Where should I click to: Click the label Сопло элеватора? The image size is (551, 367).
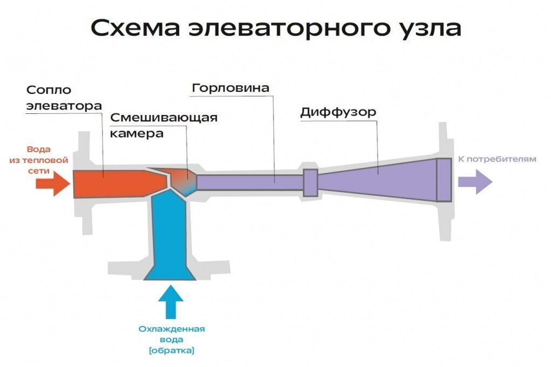pos(63,98)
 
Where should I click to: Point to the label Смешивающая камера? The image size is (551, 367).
pos(164,125)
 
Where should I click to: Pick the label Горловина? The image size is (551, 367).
pos(231,87)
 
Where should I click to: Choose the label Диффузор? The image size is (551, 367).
pos(338,113)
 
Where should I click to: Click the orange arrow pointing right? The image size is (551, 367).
pos(52,183)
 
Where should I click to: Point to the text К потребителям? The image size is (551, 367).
pos(497,159)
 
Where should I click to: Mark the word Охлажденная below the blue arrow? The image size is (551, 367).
pos(171,329)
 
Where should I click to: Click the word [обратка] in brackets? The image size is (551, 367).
pos(171,351)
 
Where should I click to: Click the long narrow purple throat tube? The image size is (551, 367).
pos(248,182)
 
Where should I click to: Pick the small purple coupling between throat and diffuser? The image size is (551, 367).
pos(310,182)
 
